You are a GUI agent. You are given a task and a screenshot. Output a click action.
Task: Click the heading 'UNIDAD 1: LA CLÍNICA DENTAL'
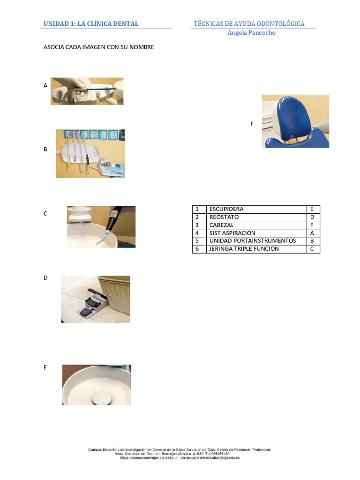click(91, 23)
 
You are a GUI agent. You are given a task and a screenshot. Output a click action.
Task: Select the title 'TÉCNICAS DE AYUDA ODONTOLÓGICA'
click(249, 23)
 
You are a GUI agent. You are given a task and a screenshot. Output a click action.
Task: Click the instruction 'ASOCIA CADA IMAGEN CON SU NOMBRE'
click(99, 47)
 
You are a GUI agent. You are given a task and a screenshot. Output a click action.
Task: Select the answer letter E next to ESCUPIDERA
click(312, 209)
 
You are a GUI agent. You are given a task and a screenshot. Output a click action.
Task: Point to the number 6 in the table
click(197, 248)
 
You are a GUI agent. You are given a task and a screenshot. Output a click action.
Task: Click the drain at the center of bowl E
click(97, 398)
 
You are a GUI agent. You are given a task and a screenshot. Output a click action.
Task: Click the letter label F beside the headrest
click(252, 124)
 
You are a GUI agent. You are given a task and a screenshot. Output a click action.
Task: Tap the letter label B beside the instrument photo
click(45, 150)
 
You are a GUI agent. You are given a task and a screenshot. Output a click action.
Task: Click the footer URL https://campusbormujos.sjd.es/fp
click(147, 457)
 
